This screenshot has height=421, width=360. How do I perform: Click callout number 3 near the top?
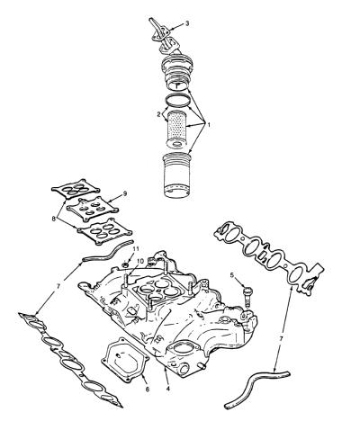pos(187,23)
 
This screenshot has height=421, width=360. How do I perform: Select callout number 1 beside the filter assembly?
pos(209,124)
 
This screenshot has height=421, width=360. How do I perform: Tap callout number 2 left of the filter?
pos(158,114)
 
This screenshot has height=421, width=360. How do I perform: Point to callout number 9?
pos(125,193)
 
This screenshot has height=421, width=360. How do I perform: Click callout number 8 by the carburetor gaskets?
pos(54,219)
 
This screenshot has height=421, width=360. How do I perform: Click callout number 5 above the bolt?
pos(232,275)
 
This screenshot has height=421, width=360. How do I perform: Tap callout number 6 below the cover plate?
pos(148,390)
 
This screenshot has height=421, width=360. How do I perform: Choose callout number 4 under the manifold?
pos(167,389)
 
